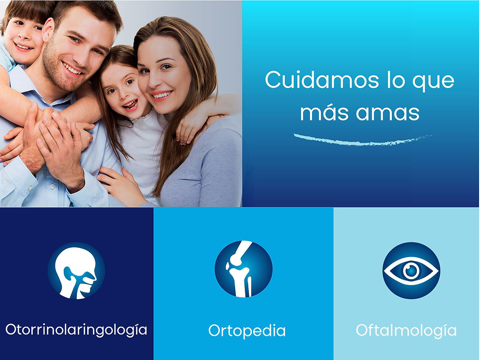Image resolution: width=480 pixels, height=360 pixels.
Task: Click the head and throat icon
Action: pos(76,271)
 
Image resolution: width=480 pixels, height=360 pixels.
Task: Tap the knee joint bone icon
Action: pos(243,269)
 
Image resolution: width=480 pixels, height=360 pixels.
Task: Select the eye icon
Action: pos(411,270)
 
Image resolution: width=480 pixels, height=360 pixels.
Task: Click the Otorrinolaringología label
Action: pos(76,329)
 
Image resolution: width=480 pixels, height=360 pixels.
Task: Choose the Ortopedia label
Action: pos(247,331)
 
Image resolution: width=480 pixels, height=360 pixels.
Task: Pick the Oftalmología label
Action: pos(406,331)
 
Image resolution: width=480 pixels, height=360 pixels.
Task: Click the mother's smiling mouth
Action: pos(162,95)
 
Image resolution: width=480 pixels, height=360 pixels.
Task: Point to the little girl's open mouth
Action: pos(129,104)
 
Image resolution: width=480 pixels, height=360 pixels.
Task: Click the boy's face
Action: pos(22,39)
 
